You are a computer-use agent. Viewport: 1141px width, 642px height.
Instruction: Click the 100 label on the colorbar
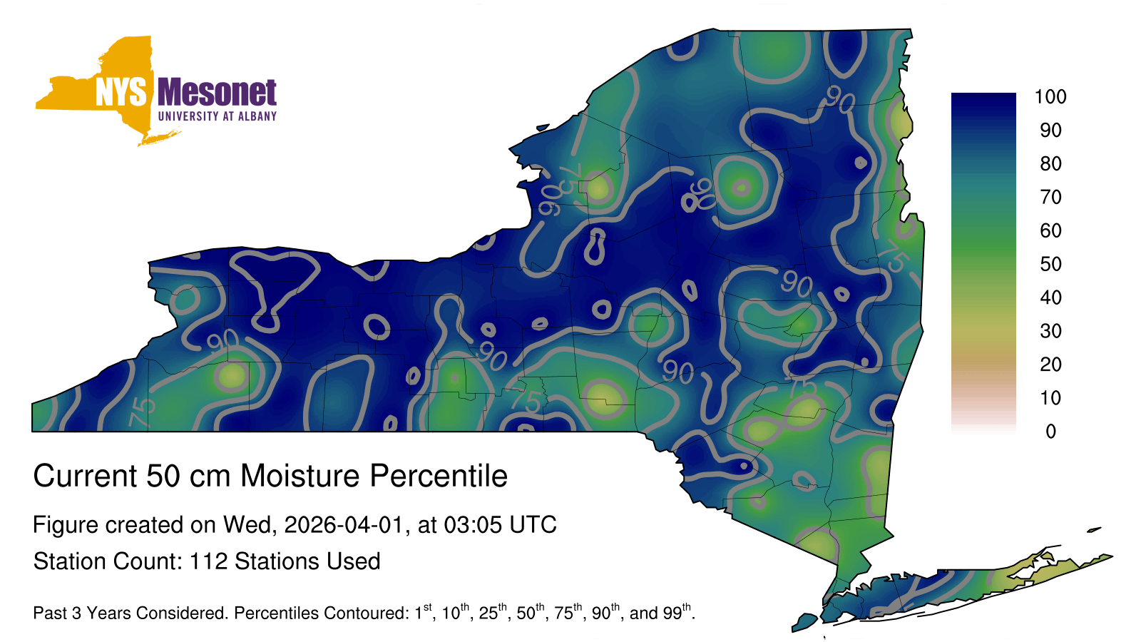click(1050, 97)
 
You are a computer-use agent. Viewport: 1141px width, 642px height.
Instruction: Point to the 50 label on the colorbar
click(1050, 264)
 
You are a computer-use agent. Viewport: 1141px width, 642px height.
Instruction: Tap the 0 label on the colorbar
click(1050, 432)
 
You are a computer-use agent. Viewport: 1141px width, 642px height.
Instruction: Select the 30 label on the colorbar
click(1050, 331)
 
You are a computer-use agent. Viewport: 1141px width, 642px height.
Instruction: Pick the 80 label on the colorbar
click(1050, 163)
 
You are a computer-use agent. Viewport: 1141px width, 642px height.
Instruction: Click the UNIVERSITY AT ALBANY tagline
click(217, 116)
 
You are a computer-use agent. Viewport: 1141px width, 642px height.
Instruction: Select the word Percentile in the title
click(439, 476)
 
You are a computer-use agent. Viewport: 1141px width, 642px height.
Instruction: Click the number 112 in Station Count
click(208, 561)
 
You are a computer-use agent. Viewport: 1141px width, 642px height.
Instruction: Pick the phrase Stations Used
click(307, 561)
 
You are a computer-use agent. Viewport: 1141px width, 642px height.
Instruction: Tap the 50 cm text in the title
click(188, 476)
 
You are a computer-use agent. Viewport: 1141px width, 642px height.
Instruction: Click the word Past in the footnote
click(49, 613)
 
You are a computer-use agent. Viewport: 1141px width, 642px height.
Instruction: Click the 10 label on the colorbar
click(1050, 398)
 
